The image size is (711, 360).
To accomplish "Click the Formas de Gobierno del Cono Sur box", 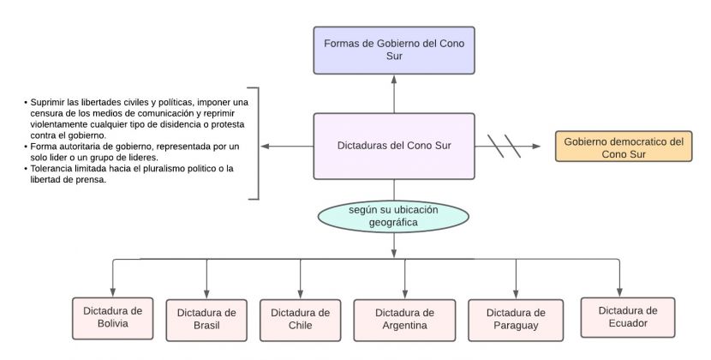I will pos(393,49).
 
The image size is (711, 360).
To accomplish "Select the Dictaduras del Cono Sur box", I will pos(393,146).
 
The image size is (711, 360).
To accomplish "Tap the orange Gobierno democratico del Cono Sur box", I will pos(623,147).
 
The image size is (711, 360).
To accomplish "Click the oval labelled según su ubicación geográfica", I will pos(394,216).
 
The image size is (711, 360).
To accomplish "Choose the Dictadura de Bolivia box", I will pos(112,317).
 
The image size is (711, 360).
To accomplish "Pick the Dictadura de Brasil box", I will pos(206,319).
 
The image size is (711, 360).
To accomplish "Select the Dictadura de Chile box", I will pos(300,319).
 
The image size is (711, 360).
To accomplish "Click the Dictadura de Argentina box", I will pos(405,319).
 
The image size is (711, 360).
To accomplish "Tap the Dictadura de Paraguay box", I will pos(516,319).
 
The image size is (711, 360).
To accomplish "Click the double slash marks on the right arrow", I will pos(505,146).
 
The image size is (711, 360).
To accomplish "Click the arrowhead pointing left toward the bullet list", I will pos(266,147).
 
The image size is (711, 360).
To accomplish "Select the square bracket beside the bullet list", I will pos(255,143).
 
